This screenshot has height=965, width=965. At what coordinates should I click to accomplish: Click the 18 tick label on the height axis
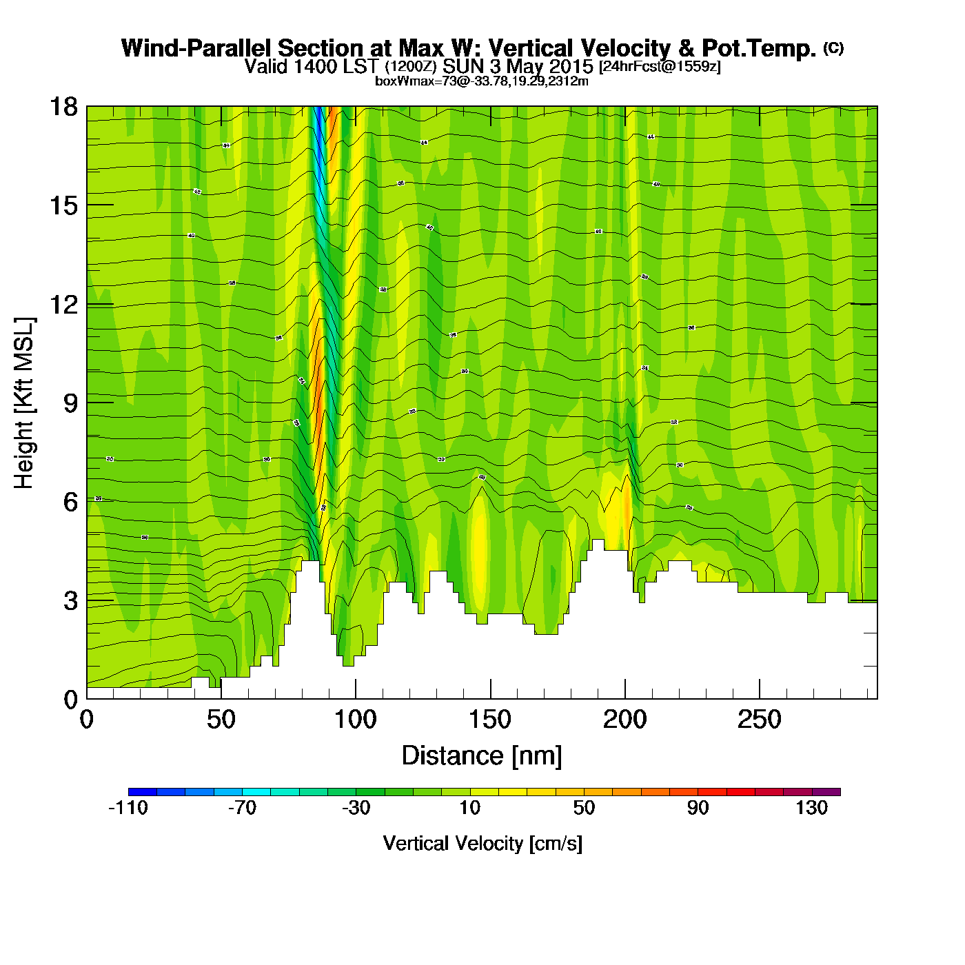pos(63,107)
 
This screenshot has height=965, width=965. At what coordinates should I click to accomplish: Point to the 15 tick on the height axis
pos(63,205)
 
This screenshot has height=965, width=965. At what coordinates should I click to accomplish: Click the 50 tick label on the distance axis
pos(221,720)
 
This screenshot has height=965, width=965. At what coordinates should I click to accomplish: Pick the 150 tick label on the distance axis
pos(490,720)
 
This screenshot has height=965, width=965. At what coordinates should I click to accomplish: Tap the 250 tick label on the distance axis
pos(759,720)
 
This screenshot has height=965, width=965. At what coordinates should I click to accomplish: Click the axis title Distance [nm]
pos(482,756)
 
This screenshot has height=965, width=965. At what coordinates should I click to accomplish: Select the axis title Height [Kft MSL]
pos(24,403)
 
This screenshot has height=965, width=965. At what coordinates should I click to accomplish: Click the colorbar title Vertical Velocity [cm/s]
pos(482,844)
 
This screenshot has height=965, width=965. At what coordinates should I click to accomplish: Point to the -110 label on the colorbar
pos(128,808)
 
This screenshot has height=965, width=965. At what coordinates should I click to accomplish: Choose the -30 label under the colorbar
pos(356,808)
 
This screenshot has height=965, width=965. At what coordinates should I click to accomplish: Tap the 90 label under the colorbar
pos(698,808)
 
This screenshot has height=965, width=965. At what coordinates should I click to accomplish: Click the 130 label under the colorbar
pos(811,808)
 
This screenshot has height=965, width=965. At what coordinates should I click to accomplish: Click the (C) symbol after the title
pos(833,48)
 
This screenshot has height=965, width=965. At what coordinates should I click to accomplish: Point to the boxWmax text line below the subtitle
pos(482,81)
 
